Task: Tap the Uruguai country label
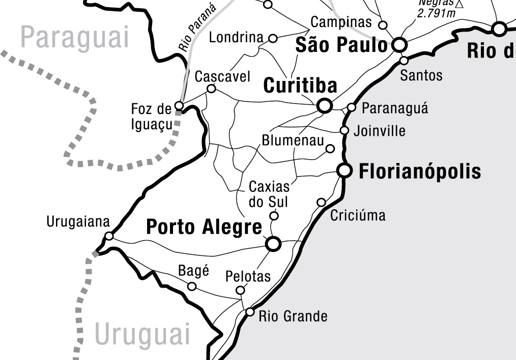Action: pos(142,335)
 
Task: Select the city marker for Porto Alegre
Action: pos(274,244)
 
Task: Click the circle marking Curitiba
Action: pos(325,106)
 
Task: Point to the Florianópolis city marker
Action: pos(345,171)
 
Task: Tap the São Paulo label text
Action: pos(341,45)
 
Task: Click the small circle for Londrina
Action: pos(273,38)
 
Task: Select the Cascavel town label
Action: pos(223,76)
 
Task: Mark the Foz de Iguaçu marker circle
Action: pos(179,106)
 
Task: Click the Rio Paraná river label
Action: pos(197,28)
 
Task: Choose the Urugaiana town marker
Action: pos(109,236)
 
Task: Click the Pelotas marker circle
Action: pos(240,290)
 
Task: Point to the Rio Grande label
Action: pos(293,316)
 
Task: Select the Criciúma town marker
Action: pos(321,202)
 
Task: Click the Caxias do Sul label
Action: pos(268,194)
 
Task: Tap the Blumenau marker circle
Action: pos(330,149)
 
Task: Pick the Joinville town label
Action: pos(380,131)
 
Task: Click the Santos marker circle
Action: pos(404,61)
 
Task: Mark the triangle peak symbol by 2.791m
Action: pos(460,4)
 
